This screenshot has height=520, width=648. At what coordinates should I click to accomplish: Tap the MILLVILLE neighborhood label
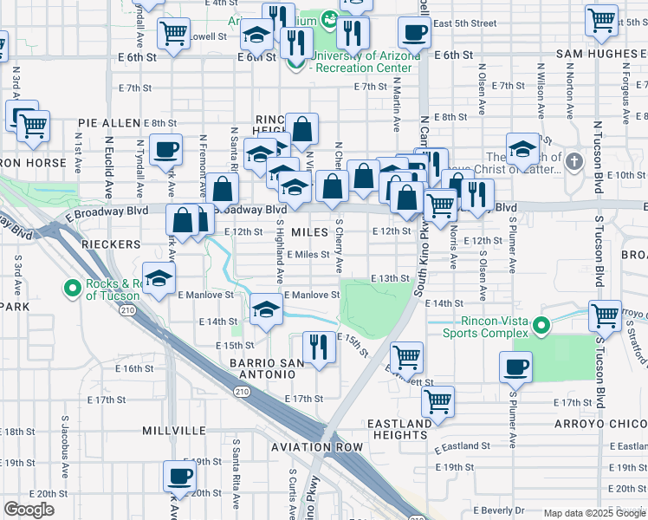coord(174,430)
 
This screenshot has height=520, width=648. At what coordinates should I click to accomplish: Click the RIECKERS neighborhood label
coord(111,244)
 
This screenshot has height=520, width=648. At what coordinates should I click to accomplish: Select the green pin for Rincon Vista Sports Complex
coord(541,326)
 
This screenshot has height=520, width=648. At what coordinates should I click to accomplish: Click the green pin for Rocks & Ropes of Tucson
coord(75,288)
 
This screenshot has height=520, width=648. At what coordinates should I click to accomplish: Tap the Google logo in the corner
coord(29,510)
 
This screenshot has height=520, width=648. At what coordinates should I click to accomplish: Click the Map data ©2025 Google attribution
coord(594,513)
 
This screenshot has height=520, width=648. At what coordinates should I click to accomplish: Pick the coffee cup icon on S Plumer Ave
coord(515,366)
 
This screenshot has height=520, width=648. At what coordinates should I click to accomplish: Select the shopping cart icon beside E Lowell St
coord(173,33)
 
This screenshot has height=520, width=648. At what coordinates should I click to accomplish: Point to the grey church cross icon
coord(573,161)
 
